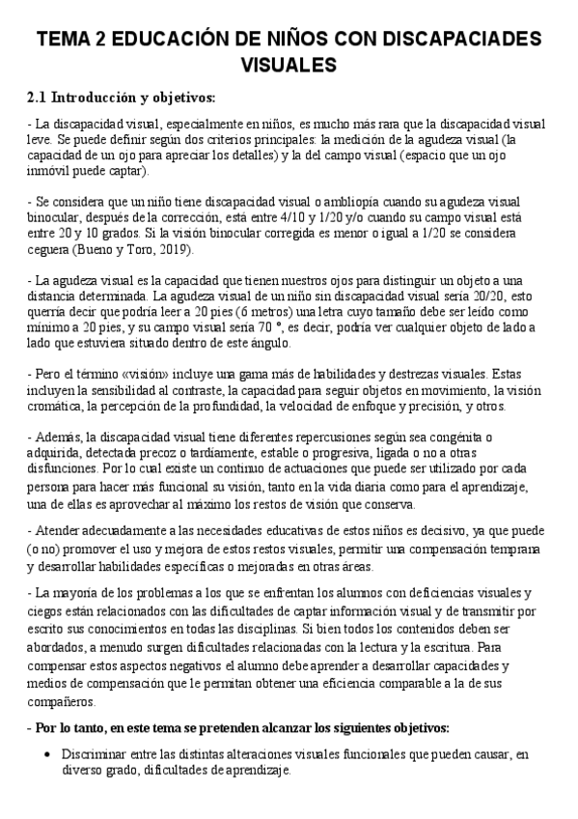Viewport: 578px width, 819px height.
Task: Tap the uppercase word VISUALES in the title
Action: [289, 65]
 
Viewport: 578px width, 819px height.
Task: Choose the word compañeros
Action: [64, 701]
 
